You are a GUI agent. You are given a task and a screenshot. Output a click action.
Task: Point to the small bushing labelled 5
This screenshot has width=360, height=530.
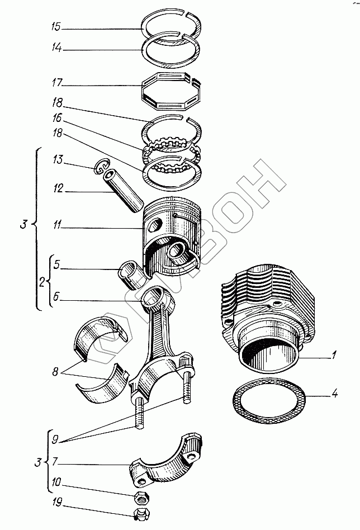(130, 270)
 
